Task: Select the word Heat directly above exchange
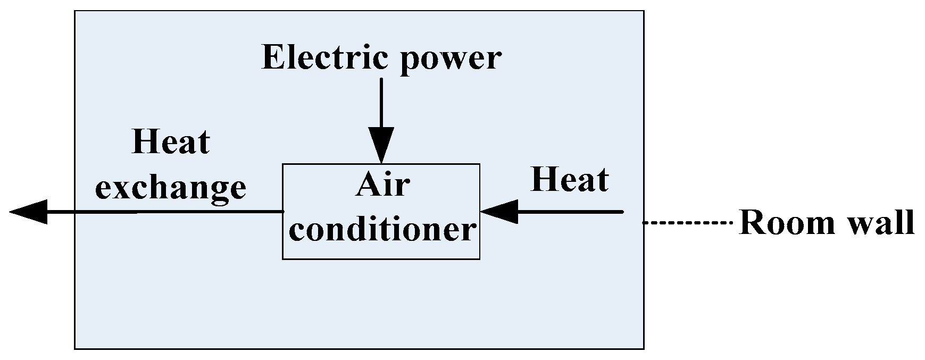(171, 142)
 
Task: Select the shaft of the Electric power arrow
(381, 104)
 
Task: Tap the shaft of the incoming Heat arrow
(570, 212)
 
